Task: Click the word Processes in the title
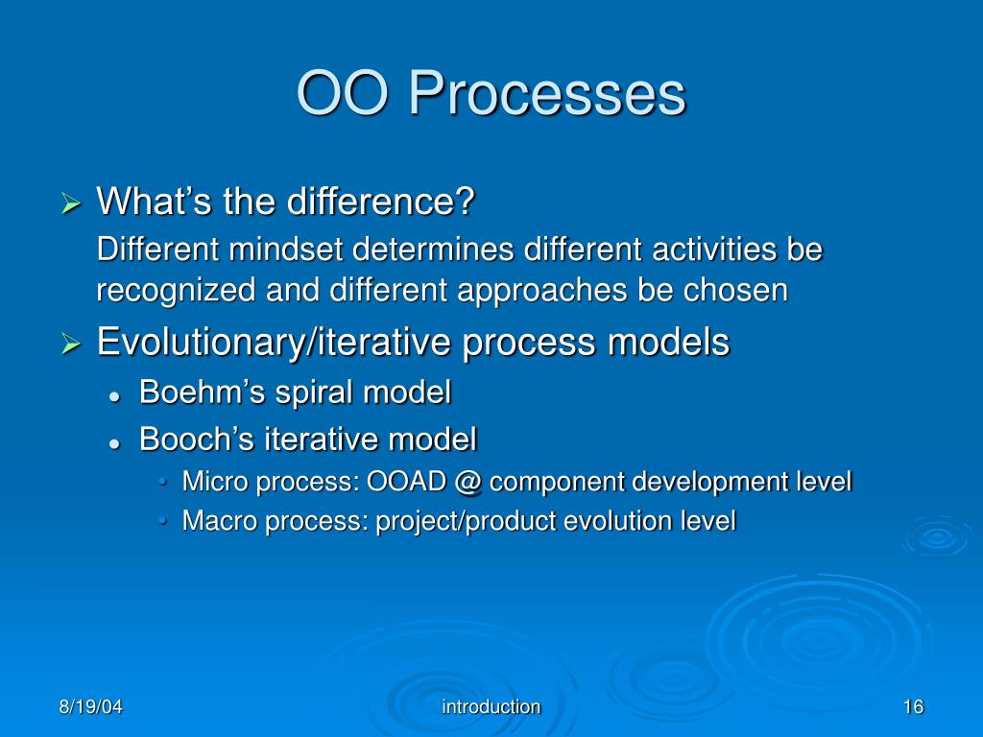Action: pyautogui.click(x=547, y=95)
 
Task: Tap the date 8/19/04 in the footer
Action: pyautogui.click(x=90, y=707)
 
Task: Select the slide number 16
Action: pyautogui.click(x=914, y=707)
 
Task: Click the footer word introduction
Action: pyautogui.click(x=491, y=707)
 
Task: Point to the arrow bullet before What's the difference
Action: pyautogui.click(x=71, y=203)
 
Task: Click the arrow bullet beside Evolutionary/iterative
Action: pyautogui.click(x=71, y=345)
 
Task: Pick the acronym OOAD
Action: pyautogui.click(x=406, y=482)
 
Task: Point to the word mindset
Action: pyautogui.click(x=286, y=250)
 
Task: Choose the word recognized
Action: pyautogui.click(x=177, y=291)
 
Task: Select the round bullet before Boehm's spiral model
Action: pyautogui.click(x=114, y=396)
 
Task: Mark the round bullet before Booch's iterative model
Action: pyautogui.click(x=114, y=443)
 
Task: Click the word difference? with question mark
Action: pyautogui.click(x=381, y=202)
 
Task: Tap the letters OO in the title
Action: pyautogui.click(x=343, y=95)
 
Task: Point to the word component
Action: pyautogui.click(x=556, y=483)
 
